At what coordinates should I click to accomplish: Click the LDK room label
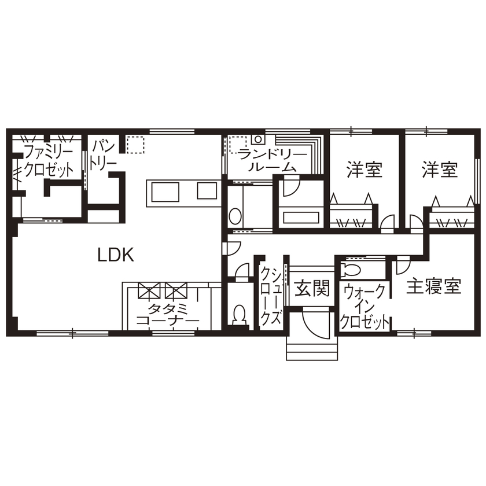click(116, 255)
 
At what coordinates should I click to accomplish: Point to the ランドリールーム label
click(266, 160)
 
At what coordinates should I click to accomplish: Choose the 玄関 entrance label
click(312, 288)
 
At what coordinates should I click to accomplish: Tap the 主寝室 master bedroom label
click(433, 286)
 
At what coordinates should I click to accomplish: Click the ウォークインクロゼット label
click(364, 307)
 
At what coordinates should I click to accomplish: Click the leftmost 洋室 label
click(365, 170)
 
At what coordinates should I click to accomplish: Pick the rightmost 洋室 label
click(440, 170)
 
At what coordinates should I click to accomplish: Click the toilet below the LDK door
click(238, 314)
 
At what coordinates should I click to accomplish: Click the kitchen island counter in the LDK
click(182, 192)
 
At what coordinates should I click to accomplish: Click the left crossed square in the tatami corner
click(148, 289)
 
